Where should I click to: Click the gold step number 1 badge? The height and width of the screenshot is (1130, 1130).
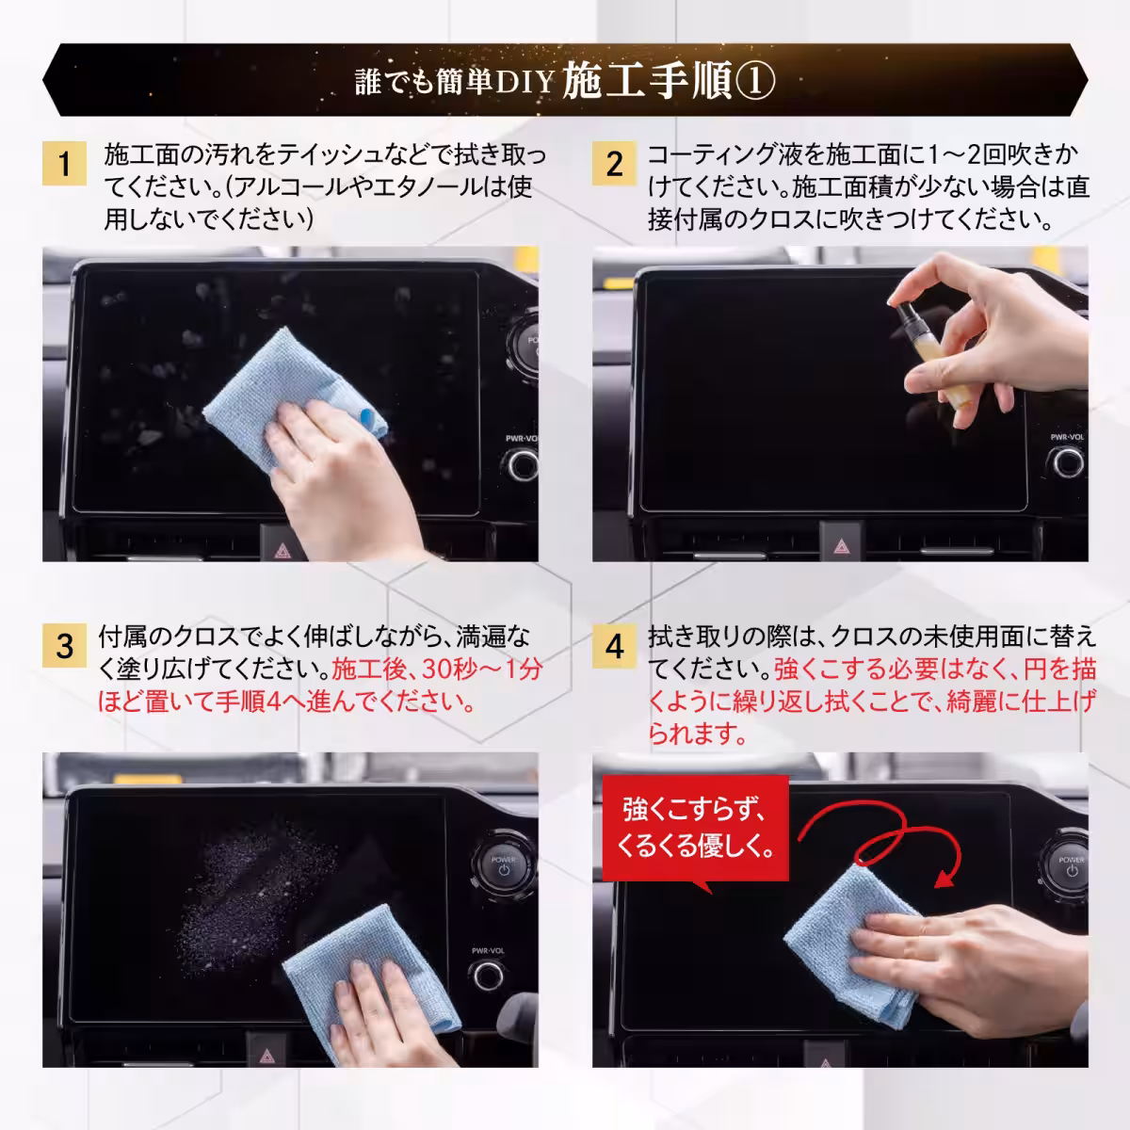point(63,164)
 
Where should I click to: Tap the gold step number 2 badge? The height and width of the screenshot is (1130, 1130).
point(614,164)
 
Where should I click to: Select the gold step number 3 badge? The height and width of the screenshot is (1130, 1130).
point(63,646)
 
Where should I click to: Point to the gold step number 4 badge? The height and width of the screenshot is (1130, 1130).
point(614,646)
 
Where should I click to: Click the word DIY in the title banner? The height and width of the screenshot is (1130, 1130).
point(523,83)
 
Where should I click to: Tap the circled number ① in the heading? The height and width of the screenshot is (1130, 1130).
point(755,83)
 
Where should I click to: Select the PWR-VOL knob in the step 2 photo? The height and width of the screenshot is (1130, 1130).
point(1068,461)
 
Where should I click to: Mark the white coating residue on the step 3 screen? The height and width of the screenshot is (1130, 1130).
point(254,885)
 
